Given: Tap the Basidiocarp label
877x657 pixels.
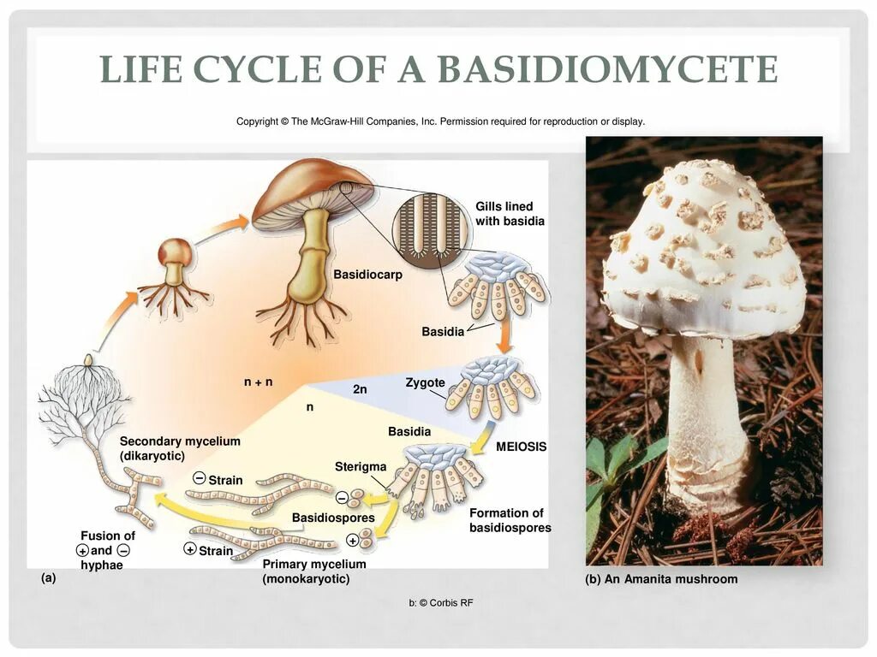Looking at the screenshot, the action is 367,275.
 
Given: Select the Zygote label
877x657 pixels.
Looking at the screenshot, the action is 425,382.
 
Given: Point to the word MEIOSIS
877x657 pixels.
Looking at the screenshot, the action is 521,447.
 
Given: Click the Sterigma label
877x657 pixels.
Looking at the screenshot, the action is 361,466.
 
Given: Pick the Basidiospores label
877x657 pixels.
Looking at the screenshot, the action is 333,518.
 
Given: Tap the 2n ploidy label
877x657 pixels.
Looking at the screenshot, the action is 360,389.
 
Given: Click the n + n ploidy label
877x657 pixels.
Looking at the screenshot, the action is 258,382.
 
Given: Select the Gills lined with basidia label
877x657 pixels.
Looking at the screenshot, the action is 510,214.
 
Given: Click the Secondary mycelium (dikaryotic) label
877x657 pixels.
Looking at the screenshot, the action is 180,448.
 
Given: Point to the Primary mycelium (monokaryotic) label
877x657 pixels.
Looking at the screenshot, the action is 314,571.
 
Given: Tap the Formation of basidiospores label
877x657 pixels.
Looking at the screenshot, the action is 510,520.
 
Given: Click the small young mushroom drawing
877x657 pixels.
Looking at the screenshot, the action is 175,265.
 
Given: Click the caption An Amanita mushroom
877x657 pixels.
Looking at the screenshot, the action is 661,579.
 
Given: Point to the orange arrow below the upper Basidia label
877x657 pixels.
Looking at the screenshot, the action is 505,337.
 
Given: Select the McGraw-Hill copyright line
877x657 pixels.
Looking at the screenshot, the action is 440,121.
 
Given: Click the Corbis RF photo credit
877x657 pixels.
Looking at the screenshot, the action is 440,603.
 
